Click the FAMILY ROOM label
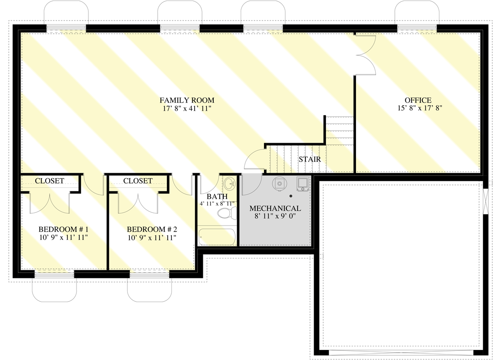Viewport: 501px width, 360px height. coord(186,100)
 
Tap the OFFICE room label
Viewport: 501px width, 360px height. coord(418,100)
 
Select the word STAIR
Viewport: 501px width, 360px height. coord(310,159)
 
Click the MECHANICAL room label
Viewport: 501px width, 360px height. coord(275,208)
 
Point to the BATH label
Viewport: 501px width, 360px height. coord(217,196)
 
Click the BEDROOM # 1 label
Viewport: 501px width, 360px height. coord(63,229)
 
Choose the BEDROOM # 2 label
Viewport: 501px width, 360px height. coord(151,229)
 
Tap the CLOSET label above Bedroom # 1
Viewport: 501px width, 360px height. coord(50,181)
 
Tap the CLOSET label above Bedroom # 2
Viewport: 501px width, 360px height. coord(138,181)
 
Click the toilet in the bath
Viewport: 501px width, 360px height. coord(225,213)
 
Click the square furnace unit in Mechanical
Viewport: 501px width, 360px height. coord(302,184)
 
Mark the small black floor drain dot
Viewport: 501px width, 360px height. coord(290,196)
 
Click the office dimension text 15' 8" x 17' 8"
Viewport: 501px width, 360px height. coord(420,108)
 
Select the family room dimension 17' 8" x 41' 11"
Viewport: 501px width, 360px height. coord(186,108)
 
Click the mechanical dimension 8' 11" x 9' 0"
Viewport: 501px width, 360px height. coord(274,216)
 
